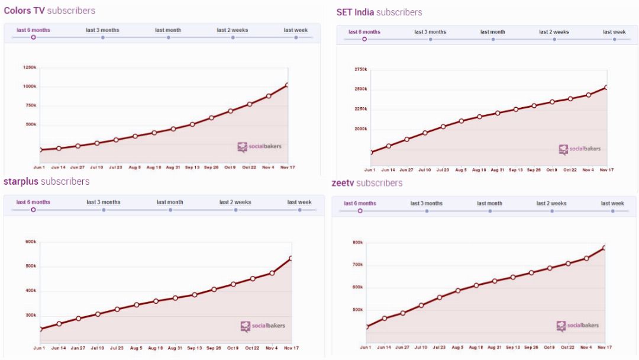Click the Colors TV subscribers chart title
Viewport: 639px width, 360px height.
click(x=49, y=11)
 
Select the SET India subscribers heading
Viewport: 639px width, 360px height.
click(x=379, y=12)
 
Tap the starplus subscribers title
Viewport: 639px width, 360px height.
click(x=46, y=181)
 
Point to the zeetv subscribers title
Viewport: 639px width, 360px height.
click(x=367, y=183)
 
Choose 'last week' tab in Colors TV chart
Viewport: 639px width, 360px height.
click(x=296, y=30)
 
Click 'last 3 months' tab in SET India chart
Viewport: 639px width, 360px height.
click(x=430, y=32)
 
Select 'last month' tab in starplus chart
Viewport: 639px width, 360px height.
click(x=170, y=202)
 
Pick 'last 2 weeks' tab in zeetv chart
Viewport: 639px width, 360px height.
click(x=551, y=203)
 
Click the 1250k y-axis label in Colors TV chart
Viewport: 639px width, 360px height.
click(x=30, y=67)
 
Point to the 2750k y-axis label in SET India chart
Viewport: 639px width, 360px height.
click(x=360, y=69)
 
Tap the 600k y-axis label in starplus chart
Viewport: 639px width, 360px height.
click(x=31, y=241)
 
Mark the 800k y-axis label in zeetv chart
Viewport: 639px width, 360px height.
click(x=357, y=242)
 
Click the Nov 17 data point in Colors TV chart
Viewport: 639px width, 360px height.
click(x=288, y=85)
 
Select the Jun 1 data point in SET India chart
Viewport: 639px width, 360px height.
click(x=370, y=153)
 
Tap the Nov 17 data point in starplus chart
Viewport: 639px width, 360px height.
click(x=291, y=258)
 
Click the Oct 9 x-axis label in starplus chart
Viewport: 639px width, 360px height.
click(x=233, y=348)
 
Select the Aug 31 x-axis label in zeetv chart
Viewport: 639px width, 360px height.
click(x=495, y=348)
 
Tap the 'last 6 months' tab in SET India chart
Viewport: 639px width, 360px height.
click(x=364, y=32)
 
